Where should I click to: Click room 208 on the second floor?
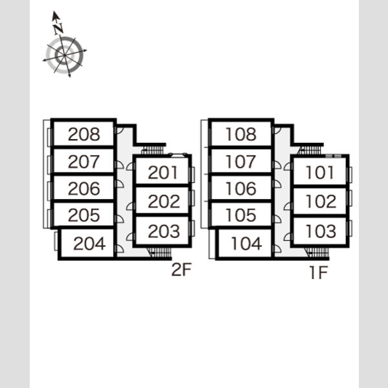[83, 134]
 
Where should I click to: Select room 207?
[83, 161]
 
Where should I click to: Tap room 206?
[83, 188]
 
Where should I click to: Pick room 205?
[83, 215]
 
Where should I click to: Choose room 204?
[87, 243]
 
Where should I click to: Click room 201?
[162, 172]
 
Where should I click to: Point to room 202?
[162, 200]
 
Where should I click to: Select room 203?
[162, 231]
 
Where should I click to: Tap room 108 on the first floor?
[241, 134]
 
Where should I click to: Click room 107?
[241, 161]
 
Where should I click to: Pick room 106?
[241, 188]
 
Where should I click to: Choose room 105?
[241, 215]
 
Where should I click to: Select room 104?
[245, 243]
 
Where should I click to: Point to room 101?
[319, 172]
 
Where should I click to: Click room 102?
[319, 200]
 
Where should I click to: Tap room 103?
[319, 231]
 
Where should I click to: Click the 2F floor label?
[181, 270]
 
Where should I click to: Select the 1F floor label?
[319, 272]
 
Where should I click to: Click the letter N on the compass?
[58, 28]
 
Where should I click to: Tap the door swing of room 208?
[120, 131]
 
